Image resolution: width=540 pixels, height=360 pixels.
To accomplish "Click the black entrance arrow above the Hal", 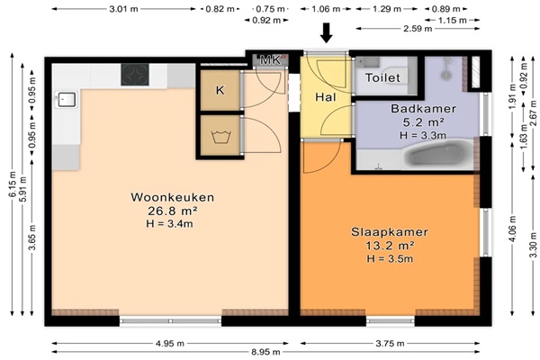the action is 326,33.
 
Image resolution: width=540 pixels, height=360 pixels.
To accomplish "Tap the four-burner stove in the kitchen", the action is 135,75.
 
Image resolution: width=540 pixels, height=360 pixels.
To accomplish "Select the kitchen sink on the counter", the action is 66,99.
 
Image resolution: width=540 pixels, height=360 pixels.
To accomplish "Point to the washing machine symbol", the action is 220,137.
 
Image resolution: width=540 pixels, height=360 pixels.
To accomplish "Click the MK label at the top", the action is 270,60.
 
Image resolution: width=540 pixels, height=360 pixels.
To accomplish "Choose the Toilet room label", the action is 382,78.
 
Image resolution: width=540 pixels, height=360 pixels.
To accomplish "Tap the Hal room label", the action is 326,97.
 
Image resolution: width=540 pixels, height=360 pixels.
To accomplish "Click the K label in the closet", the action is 220,90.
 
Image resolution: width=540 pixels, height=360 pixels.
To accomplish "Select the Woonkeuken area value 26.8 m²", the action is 173,211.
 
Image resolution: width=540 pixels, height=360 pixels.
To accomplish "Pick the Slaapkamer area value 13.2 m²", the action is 390,246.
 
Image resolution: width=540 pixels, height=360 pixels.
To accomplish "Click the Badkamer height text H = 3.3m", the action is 423,135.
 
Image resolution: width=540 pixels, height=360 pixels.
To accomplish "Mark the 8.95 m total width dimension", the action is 265,352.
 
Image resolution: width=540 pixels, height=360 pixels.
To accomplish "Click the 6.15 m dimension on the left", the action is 12,184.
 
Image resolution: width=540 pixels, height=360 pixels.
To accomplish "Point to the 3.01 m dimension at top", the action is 123,9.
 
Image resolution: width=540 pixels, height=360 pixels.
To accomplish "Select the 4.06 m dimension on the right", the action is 512,229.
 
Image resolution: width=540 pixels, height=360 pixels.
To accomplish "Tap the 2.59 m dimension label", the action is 418,28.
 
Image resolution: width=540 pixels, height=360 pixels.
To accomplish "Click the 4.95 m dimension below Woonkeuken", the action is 170,344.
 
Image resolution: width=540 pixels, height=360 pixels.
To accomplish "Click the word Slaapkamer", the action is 390,232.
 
